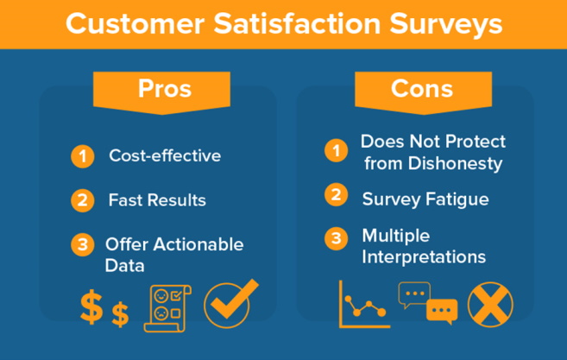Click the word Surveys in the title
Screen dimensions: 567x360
click(x=446, y=24)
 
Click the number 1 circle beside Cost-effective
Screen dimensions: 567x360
click(x=83, y=156)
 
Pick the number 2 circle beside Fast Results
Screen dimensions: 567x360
click(x=83, y=200)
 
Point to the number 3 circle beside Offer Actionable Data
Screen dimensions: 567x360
click(x=83, y=244)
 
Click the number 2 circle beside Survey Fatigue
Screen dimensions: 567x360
click(x=336, y=194)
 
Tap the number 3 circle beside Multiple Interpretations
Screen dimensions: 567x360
click(x=336, y=238)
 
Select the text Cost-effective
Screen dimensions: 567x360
click(x=165, y=156)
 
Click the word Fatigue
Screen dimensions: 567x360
click(x=457, y=199)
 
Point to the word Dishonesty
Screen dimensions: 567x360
click(x=456, y=164)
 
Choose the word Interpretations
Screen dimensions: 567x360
click(x=424, y=257)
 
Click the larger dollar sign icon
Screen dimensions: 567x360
click(x=91, y=306)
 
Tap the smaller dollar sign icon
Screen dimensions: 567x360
click(x=120, y=315)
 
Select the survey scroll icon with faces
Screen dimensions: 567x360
click(x=167, y=308)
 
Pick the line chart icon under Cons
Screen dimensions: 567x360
click(x=364, y=304)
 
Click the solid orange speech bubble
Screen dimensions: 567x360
click(x=442, y=311)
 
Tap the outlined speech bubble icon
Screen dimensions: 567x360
click(x=414, y=294)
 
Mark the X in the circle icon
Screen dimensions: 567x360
click(x=490, y=305)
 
